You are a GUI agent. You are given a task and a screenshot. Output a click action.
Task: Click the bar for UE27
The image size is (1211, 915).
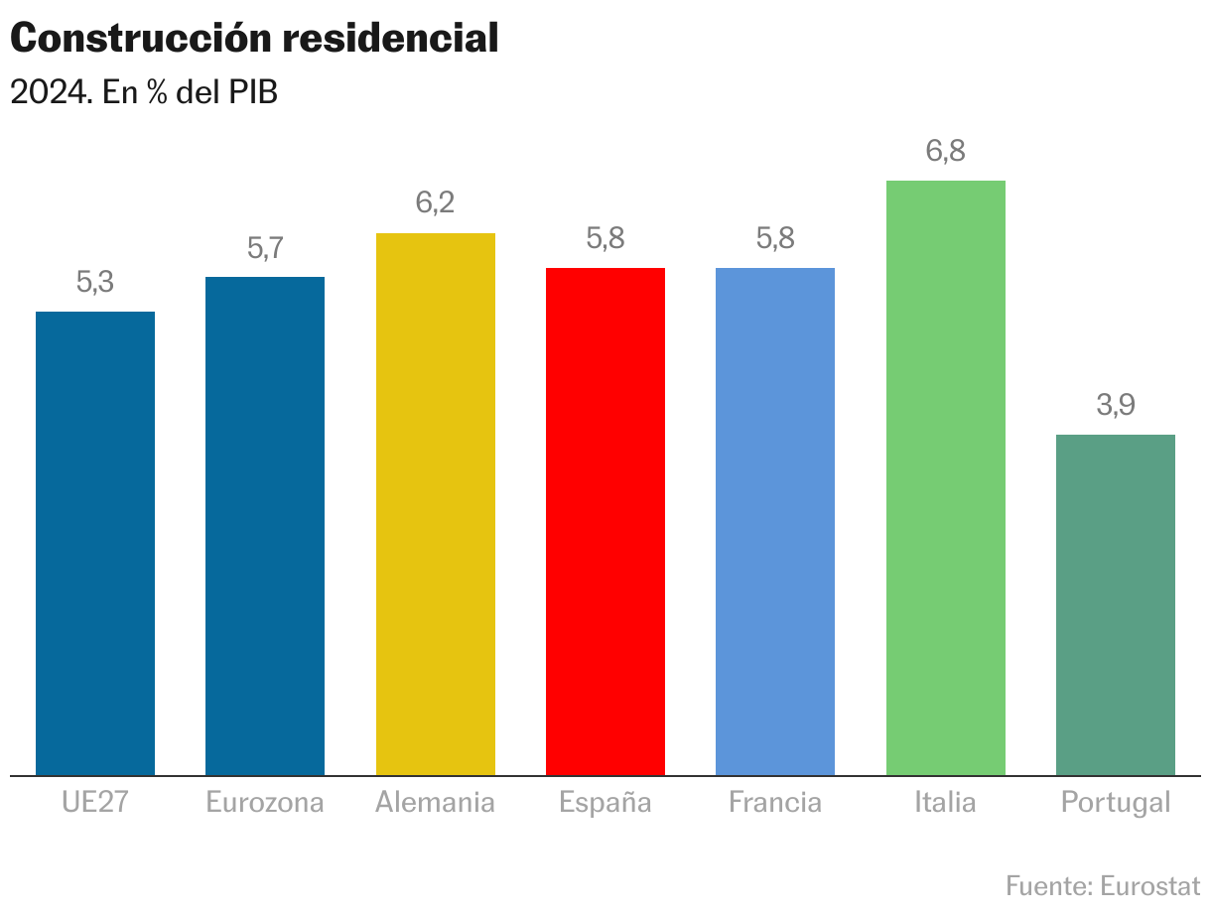click(x=95, y=543)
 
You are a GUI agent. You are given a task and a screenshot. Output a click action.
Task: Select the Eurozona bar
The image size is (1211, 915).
click(x=265, y=526)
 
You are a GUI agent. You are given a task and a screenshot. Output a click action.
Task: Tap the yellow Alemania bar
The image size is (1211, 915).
click(x=436, y=504)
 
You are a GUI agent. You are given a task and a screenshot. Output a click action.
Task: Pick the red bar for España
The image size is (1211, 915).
click(x=605, y=521)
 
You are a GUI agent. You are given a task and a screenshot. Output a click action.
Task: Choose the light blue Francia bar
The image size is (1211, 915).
click(x=775, y=521)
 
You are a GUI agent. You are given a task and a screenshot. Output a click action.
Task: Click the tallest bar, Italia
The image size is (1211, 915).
click(x=946, y=477)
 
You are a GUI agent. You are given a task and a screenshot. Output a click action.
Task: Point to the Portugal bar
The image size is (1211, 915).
click(x=1116, y=604)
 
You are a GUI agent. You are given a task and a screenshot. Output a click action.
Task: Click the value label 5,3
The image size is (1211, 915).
click(x=95, y=283)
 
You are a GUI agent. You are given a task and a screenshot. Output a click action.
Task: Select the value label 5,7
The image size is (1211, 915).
click(x=265, y=248)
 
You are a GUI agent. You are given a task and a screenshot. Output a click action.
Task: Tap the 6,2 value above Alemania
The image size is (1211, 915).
click(x=435, y=203)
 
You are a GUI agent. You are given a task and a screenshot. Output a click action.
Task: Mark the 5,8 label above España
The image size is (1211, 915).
click(x=605, y=239)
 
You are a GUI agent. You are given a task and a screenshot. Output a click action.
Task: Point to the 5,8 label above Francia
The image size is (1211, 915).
click(x=775, y=239)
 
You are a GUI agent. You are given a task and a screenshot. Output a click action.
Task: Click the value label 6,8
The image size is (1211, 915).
click(x=946, y=152)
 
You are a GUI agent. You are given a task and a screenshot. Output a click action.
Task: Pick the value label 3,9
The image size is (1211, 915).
click(x=1116, y=406)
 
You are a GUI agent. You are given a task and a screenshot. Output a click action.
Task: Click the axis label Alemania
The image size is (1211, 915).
click(x=435, y=802)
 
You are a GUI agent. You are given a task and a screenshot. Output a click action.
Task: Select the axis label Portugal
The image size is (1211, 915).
click(x=1116, y=802)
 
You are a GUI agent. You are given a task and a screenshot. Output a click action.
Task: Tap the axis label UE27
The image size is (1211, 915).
click(x=95, y=802)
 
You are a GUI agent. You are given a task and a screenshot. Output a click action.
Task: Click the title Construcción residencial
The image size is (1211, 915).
click(x=254, y=39)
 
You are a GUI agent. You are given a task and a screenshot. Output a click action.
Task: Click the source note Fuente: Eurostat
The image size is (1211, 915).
click(x=1103, y=884)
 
